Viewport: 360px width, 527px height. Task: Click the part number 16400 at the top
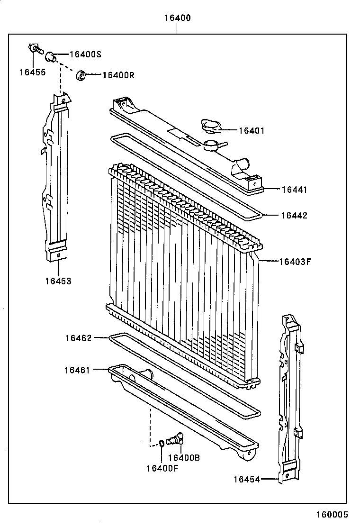click(178, 18)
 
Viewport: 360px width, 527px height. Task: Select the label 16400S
click(85, 55)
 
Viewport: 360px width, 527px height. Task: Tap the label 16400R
click(118, 75)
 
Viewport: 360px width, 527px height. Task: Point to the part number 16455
click(32, 72)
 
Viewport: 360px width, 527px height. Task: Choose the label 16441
click(294, 190)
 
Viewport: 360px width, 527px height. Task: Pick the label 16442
click(294, 216)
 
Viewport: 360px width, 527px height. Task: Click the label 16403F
click(295, 261)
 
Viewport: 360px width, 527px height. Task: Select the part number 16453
click(58, 281)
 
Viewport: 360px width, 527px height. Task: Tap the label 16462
click(78, 338)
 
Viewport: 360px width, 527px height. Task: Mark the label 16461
click(78, 370)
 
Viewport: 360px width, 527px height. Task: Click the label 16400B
click(184, 458)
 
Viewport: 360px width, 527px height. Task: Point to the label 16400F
click(162, 468)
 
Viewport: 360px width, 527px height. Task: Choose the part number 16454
click(246, 480)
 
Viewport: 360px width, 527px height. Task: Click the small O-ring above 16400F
click(162, 444)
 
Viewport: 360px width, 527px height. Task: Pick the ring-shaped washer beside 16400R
click(81, 74)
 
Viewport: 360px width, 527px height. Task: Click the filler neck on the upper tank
click(212, 145)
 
